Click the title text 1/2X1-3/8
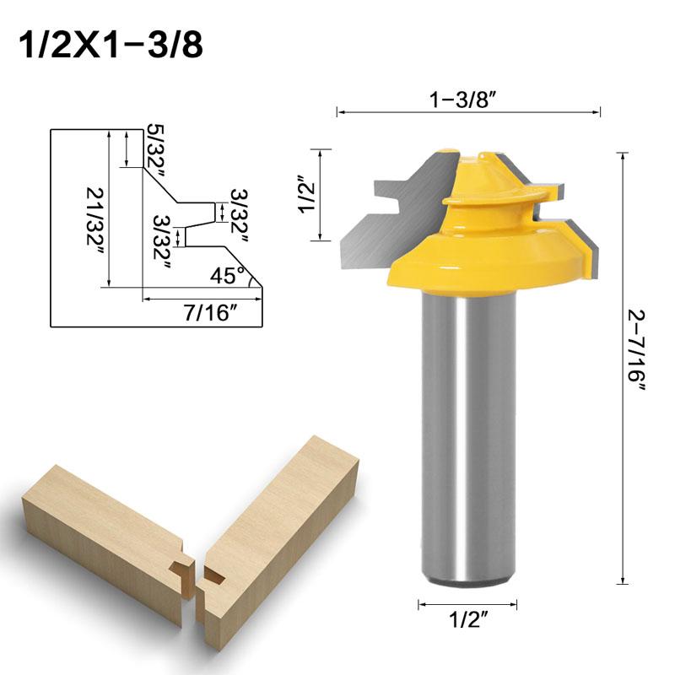click(x=110, y=44)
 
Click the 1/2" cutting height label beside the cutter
click(x=305, y=196)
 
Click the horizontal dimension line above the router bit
click(x=468, y=111)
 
